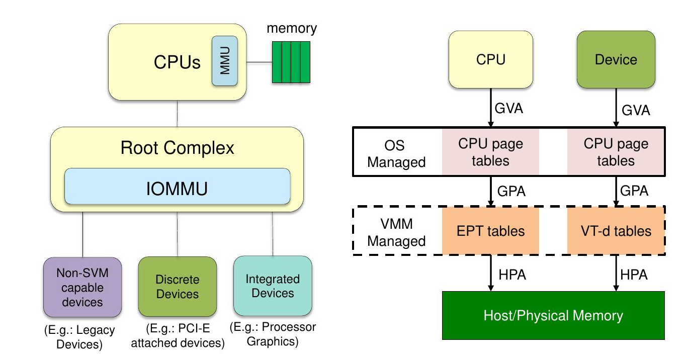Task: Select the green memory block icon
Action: (291, 62)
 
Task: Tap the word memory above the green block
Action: (292, 28)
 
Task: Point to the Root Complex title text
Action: (178, 148)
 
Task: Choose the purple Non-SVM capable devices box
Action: (82, 287)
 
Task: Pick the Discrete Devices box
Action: (178, 287)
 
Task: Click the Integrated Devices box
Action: (273, 286)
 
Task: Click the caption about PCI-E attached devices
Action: (178, 336)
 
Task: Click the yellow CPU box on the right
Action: (490, 59)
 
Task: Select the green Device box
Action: (616, 59)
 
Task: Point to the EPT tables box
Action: (490, 231)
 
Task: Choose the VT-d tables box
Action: (616, 231)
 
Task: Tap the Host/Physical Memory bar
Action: (553, 315)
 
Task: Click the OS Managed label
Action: (396, 154)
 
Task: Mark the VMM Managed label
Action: (396, 233)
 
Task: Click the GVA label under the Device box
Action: (636, 110)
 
